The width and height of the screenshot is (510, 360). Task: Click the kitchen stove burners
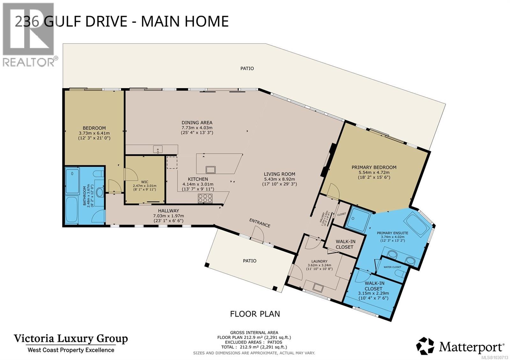pos(205,198)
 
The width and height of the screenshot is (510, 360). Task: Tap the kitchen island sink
pos(210,169)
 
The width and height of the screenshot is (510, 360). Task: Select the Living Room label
pos(279,174)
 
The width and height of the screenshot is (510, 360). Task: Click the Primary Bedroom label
pos(374,167)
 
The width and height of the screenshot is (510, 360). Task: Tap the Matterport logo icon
pos(425,346)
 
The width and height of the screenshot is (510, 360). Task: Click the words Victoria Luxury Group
pos(70,338)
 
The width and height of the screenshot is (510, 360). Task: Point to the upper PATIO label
pos(247,68)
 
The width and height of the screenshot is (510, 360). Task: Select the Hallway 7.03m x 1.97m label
pos(168,213)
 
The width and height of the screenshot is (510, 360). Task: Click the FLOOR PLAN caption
pos(255,314)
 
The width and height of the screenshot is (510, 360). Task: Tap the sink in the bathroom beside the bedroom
pos(99,192)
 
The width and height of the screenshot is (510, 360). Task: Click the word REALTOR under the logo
pos(29,62)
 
